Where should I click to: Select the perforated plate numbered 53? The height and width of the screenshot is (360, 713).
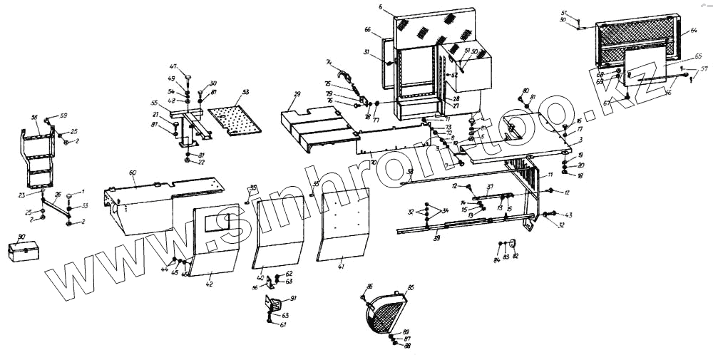233,114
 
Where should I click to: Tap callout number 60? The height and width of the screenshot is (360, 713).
133,173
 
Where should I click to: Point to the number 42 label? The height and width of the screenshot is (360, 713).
209,284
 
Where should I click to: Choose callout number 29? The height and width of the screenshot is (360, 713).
297,94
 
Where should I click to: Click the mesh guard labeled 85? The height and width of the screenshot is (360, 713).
389,313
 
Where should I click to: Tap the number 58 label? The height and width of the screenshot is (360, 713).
34,117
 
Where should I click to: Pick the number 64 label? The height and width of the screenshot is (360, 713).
694,31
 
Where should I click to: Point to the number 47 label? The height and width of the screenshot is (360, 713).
173,66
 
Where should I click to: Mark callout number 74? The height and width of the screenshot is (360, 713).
329,61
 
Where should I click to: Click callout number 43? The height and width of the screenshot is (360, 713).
568,215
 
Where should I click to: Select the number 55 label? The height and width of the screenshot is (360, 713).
154,103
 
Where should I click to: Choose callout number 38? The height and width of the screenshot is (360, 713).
410,172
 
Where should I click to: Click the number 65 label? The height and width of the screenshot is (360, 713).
698,56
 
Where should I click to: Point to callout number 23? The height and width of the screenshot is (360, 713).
21,195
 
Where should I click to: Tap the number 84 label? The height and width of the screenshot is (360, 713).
498,259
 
